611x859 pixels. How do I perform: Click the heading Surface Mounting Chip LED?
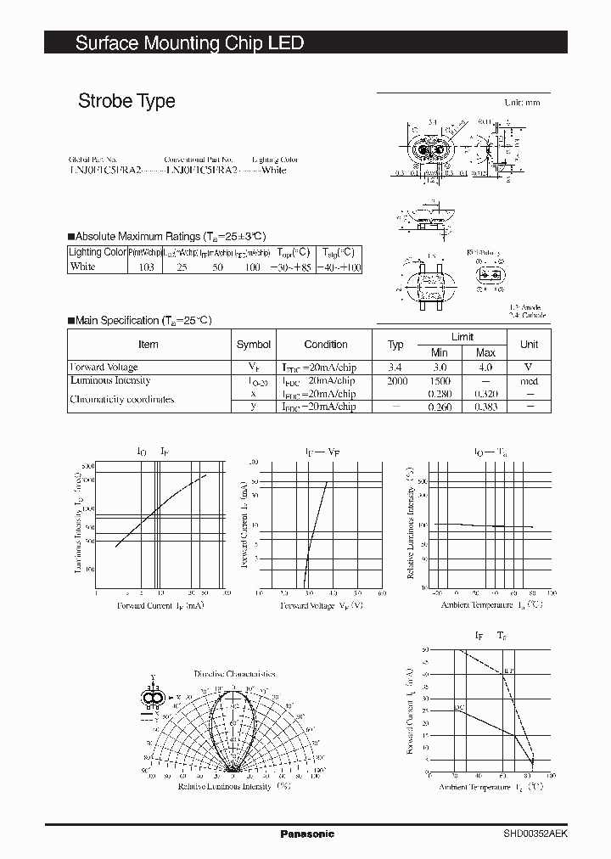point(189,43)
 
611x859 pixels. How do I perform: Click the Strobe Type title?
point(126,101)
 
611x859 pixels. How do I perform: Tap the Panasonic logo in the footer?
point(307,834)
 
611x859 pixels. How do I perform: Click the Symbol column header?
point(253,345)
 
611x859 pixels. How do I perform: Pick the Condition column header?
point(326,345)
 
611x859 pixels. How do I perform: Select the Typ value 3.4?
point(395,368)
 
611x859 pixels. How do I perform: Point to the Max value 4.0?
point(485,368)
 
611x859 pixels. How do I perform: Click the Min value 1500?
point(439,381)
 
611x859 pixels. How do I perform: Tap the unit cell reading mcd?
point(529,381)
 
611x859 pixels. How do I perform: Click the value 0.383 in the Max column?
point(485,407)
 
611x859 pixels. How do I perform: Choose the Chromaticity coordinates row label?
point(121,399)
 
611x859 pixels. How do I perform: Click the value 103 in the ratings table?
point(145,267)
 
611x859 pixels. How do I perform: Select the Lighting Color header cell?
point(97,252)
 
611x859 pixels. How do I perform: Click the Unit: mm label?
point(522,103)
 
